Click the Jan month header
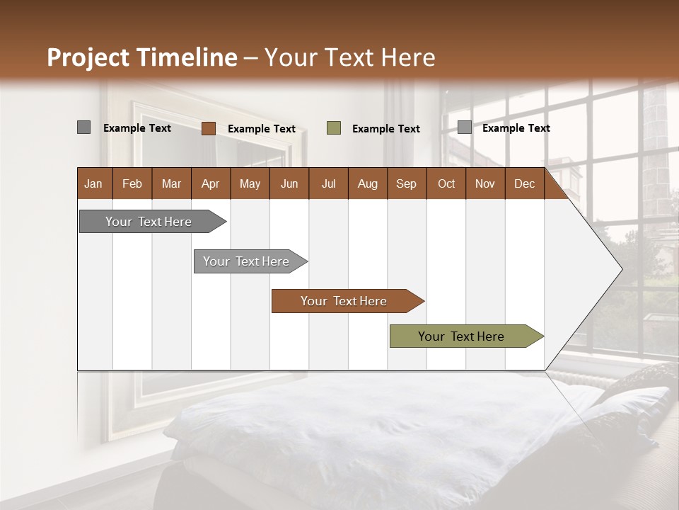(x=93, y=183)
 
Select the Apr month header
(x=210, y=183)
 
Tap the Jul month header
(x=328, y=183)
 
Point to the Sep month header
(x=406, y=183)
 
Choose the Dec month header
(x=524, y=183)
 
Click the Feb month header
(x=132, y=183)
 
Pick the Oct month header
(x=446, y=183)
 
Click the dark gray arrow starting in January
(x=149, y=222)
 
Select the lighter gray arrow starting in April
(x=246, y=261)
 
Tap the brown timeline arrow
(x=344, y=301)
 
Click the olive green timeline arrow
(x=461, y=336)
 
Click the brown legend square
(x=209, y=128)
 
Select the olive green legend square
(x=334, y=128)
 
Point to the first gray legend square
(x=84, y=127)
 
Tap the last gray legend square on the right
(x=464, y=127)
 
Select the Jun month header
(x=289, y=183)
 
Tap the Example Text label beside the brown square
(x=261, y=129)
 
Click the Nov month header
(x=484, y=183)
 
